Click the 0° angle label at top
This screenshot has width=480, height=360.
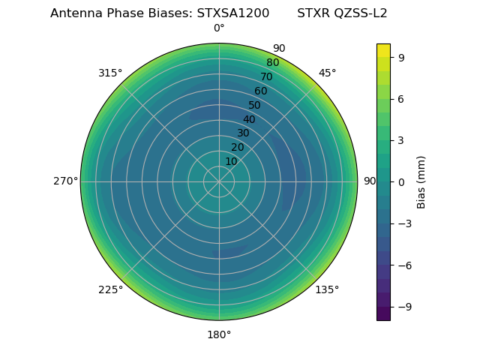point(219,28)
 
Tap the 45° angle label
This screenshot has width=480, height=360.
point(327,73)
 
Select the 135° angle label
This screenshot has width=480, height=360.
point(327,290)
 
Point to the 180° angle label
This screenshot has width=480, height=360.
point(219,334)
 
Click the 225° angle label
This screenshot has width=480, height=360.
point(110,290)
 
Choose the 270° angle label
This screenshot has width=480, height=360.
point(65,181)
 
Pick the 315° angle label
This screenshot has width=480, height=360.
point(110,73)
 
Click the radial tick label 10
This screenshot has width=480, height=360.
point(231,161)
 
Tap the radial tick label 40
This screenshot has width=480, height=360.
point(249,119)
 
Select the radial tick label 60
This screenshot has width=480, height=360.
point(261,91)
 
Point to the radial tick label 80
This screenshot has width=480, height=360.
point(273,63)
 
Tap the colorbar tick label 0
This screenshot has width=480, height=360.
point(402,181)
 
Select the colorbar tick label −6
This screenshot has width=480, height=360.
point(404,265)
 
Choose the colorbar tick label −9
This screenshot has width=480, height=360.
point(404,307)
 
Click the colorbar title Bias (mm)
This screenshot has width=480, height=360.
point(421,181)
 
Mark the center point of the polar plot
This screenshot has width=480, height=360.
point(219,181)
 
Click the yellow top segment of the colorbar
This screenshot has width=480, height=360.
point(383,49)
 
